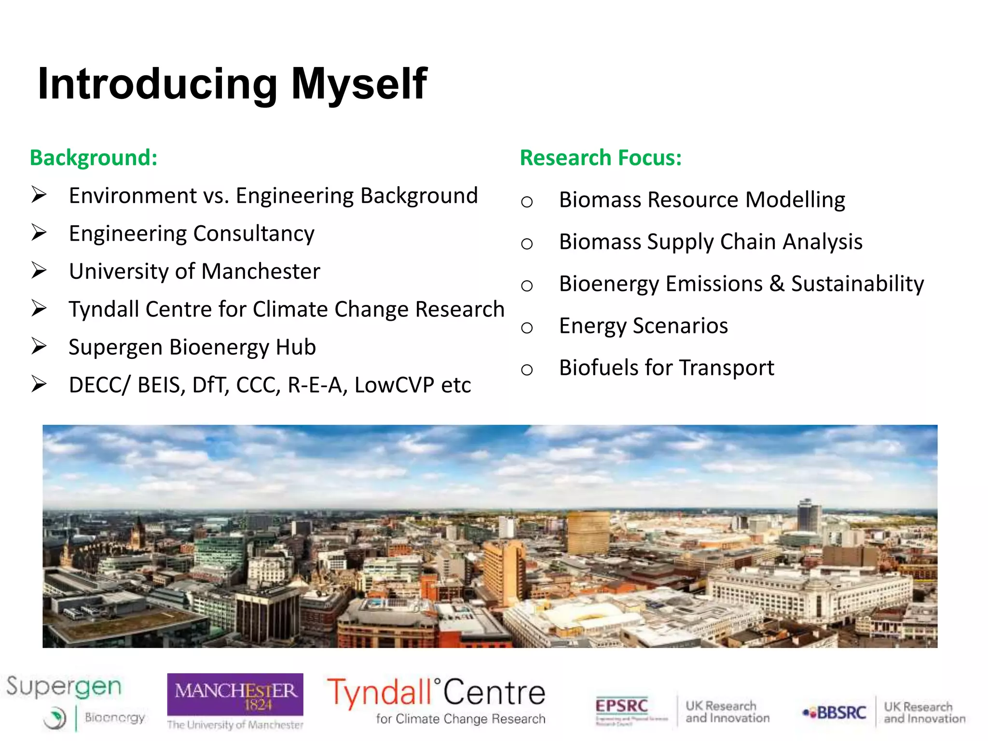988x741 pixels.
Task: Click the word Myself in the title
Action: [359, 84]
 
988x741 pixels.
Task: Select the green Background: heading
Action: [94, 158]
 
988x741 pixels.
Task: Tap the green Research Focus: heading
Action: [601, 158]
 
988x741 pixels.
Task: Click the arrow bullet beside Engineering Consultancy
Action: [39, 233]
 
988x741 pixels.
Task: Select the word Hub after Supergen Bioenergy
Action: [296, 347]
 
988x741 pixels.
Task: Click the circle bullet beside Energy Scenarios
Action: [527, 328]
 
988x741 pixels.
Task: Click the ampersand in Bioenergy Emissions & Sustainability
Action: [777, 284]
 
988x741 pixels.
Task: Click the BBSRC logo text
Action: [840, 713]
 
